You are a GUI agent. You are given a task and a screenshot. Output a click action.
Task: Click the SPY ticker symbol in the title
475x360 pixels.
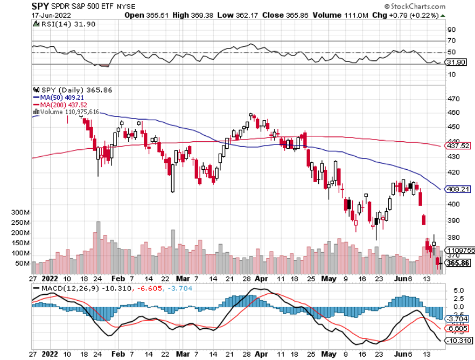[x=40, y=6]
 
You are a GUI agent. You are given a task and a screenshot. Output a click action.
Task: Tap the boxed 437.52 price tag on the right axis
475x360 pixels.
[x=458, y=146]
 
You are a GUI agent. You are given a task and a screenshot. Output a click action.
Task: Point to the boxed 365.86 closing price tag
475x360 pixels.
[x=458, y=262]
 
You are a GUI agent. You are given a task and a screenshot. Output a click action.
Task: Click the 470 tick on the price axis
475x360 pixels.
[x=454, y=99]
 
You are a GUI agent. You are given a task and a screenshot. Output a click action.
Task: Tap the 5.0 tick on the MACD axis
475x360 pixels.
[x=454, y=290]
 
